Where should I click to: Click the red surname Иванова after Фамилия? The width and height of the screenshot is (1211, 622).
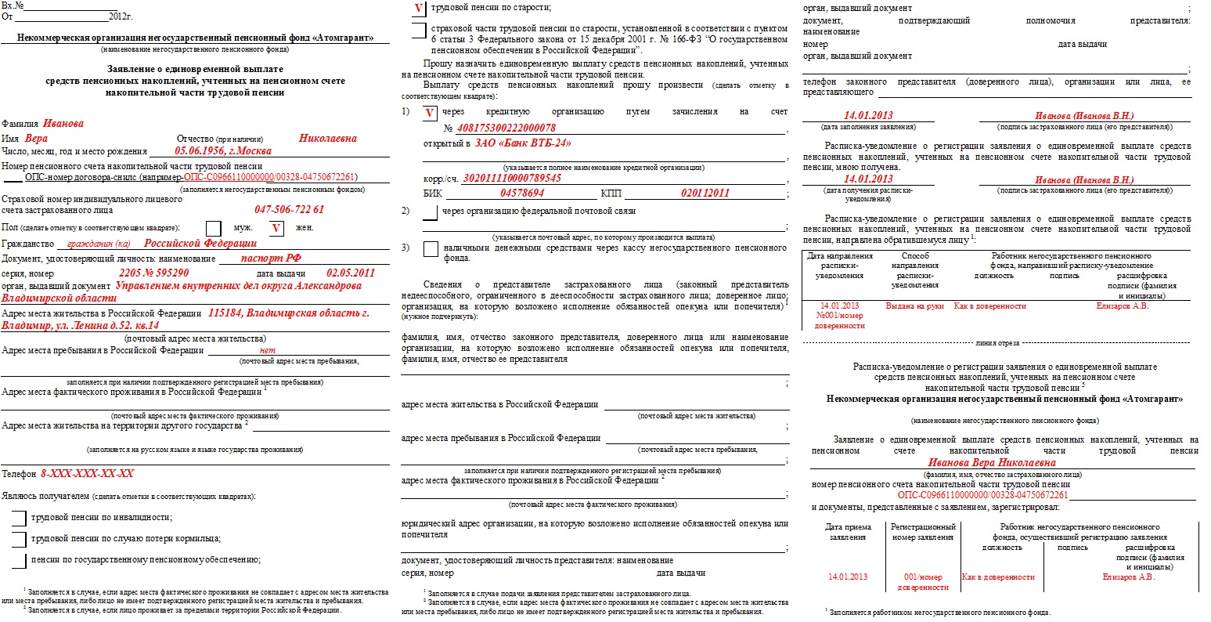point(63,124)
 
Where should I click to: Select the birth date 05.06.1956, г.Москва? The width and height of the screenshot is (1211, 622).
point(223,151)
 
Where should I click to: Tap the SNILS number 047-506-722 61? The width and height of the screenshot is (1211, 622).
point(289,210)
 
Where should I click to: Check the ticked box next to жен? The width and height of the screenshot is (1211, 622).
point(276,228)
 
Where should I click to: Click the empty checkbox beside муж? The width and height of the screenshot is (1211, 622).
point(213,228)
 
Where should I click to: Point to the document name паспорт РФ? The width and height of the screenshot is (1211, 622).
point(272,259)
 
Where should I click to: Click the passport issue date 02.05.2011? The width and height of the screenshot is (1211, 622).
point(351,273)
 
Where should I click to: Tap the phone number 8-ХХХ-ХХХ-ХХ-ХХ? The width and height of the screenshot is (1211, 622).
point(87,474)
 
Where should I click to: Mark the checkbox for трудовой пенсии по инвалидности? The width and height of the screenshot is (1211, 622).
point(18,518)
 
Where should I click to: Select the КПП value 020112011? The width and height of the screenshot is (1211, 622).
point(705,193)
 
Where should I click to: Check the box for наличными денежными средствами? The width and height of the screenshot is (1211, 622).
point(430,249)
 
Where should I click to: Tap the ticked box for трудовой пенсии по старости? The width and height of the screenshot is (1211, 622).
point(419,8)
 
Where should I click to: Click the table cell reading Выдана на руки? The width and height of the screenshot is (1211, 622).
point(914,306)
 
